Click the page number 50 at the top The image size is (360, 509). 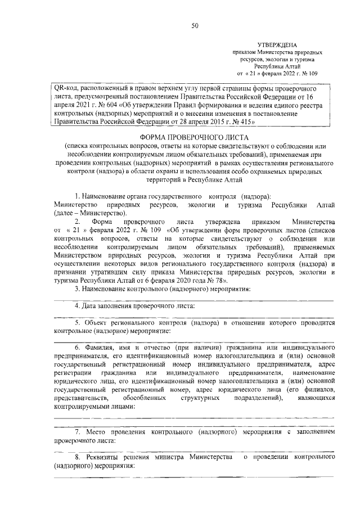tap(194, 25)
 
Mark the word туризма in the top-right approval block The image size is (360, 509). tap(302, 58)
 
